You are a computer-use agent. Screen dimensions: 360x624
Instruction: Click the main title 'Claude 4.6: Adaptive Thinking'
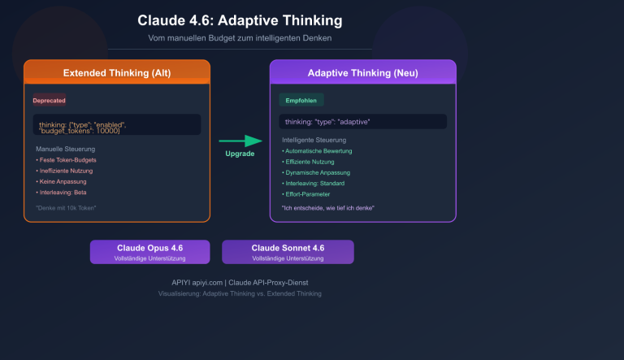pyautogui.click(x=240, y=20)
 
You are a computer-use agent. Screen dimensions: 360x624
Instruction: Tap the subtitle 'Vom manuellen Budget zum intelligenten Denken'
pyautogui.click(x=240, y=38)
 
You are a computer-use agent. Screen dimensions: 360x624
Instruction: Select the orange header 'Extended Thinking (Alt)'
pyautogui.click(x=117, y=72)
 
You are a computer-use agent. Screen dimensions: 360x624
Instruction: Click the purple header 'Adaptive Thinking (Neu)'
pyautogui.click(x=362, y=72)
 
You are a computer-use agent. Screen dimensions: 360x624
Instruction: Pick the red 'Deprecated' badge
pyautogui.click(x=50, y=101)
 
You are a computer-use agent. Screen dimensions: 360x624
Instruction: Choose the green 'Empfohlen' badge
pyautogui.click(x=301, y=100)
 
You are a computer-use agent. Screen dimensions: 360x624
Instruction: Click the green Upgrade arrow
pyautogui.click(x=240, y=141)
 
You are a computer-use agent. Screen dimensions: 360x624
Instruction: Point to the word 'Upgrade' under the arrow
pyautogui.click(x=240, y=154)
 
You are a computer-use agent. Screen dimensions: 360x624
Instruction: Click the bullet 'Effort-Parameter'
pyautogui.click(x=307, y=194)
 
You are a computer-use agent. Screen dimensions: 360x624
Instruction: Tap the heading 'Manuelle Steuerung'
pyautogui.click(x=66, y=149)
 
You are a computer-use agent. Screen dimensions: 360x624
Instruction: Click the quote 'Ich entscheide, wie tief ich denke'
pyautogui.click(x=328, y=209)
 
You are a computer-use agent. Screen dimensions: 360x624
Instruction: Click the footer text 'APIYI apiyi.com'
pyautogui.click(x=189, y=283)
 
